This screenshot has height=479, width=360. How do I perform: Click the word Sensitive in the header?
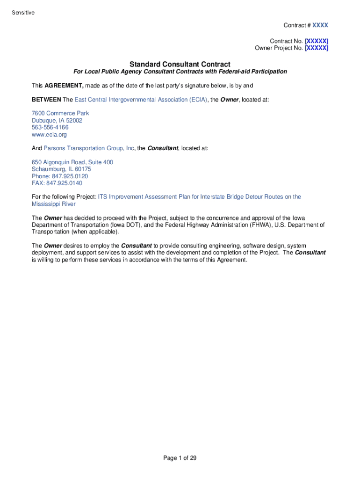coord(23,13)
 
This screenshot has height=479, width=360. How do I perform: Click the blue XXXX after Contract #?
coord(320,25)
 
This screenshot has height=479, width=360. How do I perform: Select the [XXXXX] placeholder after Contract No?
coord(317,41)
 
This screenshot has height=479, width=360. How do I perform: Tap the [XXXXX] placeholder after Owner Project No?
coord(317,48)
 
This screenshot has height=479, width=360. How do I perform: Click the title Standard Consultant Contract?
coord(180,64)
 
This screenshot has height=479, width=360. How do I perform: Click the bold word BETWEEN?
coord(46,100)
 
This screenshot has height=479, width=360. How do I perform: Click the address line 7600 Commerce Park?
coord(60,113)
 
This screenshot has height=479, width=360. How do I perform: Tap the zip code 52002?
coord(74,120)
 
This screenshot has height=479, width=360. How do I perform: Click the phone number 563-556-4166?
coord(50,127)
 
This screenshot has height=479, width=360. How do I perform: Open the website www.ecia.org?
coord(49,135)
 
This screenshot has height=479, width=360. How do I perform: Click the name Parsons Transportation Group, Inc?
coord(89,148)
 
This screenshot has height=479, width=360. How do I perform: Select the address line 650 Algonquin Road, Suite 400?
coord(72,162)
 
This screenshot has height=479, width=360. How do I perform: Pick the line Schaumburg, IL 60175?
coord(61,169)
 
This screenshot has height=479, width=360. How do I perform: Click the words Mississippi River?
coord(54,204)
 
